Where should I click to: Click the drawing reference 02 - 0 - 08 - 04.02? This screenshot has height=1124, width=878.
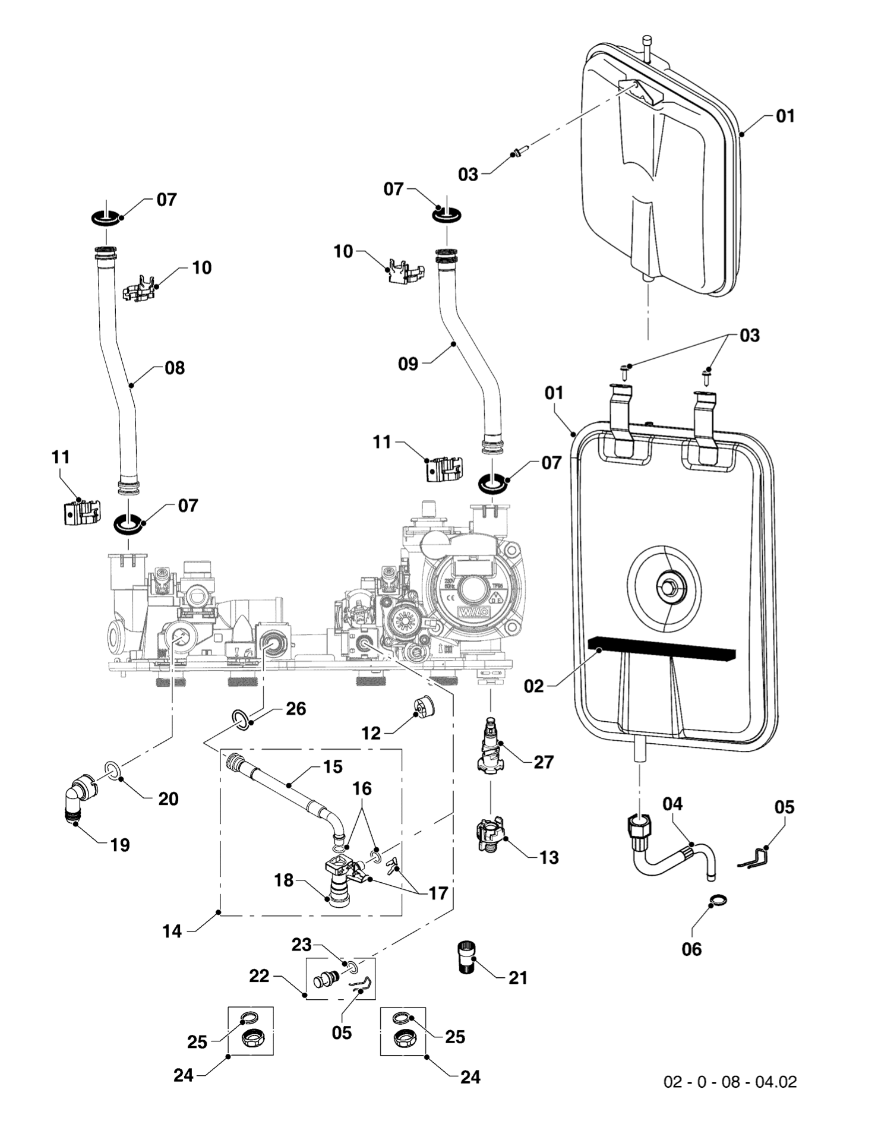[729, 1082]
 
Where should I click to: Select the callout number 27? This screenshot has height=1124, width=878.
[543, 762]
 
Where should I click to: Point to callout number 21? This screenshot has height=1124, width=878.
[518, 977]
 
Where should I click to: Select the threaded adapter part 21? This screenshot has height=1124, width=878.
[467, 956]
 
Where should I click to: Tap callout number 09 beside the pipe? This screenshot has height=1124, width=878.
[408, 364]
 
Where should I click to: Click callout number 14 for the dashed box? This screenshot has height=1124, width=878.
[172, 931]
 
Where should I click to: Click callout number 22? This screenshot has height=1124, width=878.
[259, 976]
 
